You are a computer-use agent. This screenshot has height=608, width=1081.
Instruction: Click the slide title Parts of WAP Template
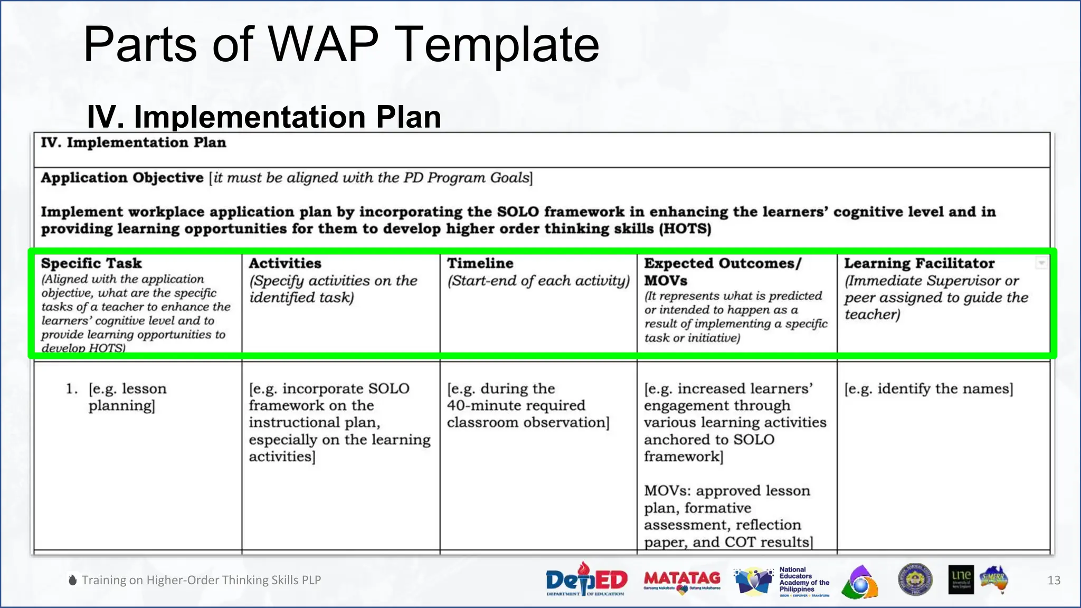341,45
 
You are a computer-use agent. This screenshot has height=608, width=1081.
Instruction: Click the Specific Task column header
91,263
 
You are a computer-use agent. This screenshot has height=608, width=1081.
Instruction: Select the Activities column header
285,263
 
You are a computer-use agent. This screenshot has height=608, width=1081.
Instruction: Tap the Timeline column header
480,263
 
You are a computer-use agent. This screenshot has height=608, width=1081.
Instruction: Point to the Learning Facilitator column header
919,263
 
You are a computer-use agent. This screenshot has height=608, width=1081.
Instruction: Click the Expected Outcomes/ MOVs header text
722,271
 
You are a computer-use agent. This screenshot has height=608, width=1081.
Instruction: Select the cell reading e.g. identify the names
928,389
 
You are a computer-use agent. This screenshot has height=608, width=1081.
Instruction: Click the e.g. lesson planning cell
127,397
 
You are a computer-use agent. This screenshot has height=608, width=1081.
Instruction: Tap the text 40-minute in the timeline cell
476,406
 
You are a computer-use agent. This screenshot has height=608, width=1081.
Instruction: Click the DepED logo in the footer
586,579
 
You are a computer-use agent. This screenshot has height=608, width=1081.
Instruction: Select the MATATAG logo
682,581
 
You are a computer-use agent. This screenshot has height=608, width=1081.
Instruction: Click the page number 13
1054,581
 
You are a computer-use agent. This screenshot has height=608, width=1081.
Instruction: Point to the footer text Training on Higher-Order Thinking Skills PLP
201,580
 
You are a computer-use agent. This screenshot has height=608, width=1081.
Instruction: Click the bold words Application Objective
122,178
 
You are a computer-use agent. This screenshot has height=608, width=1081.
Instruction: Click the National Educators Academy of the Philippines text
803,579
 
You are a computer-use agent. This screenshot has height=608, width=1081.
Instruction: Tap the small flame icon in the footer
73,579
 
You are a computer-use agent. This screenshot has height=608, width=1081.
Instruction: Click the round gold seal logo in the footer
915,579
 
